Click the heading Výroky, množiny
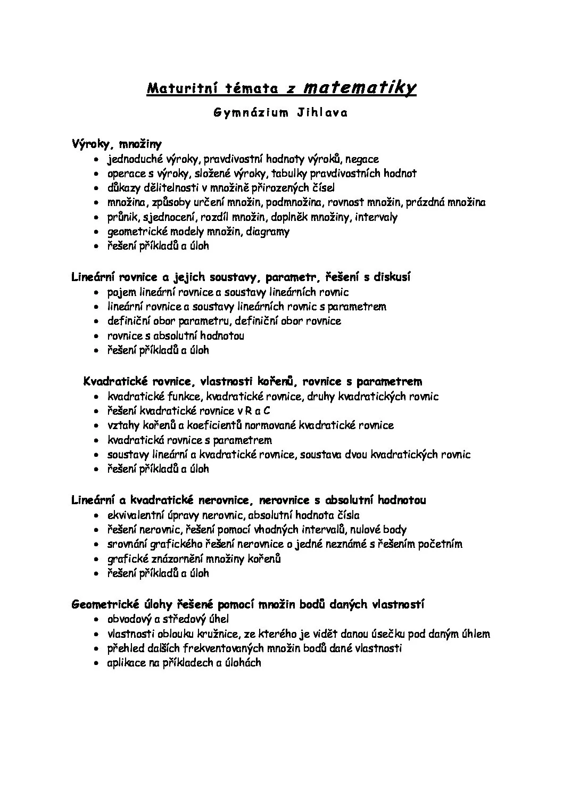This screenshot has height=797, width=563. tap(117, 144)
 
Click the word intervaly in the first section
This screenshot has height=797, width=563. tap(376, 217)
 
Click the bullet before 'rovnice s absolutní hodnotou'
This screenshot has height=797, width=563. tap(96, 336)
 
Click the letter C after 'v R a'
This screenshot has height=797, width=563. tap(267, 410)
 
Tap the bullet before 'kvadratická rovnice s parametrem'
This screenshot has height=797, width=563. tap(96, 441)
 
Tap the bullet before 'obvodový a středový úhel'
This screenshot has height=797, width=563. tap(96, 620)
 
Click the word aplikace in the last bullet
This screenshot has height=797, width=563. tap(126, 663)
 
